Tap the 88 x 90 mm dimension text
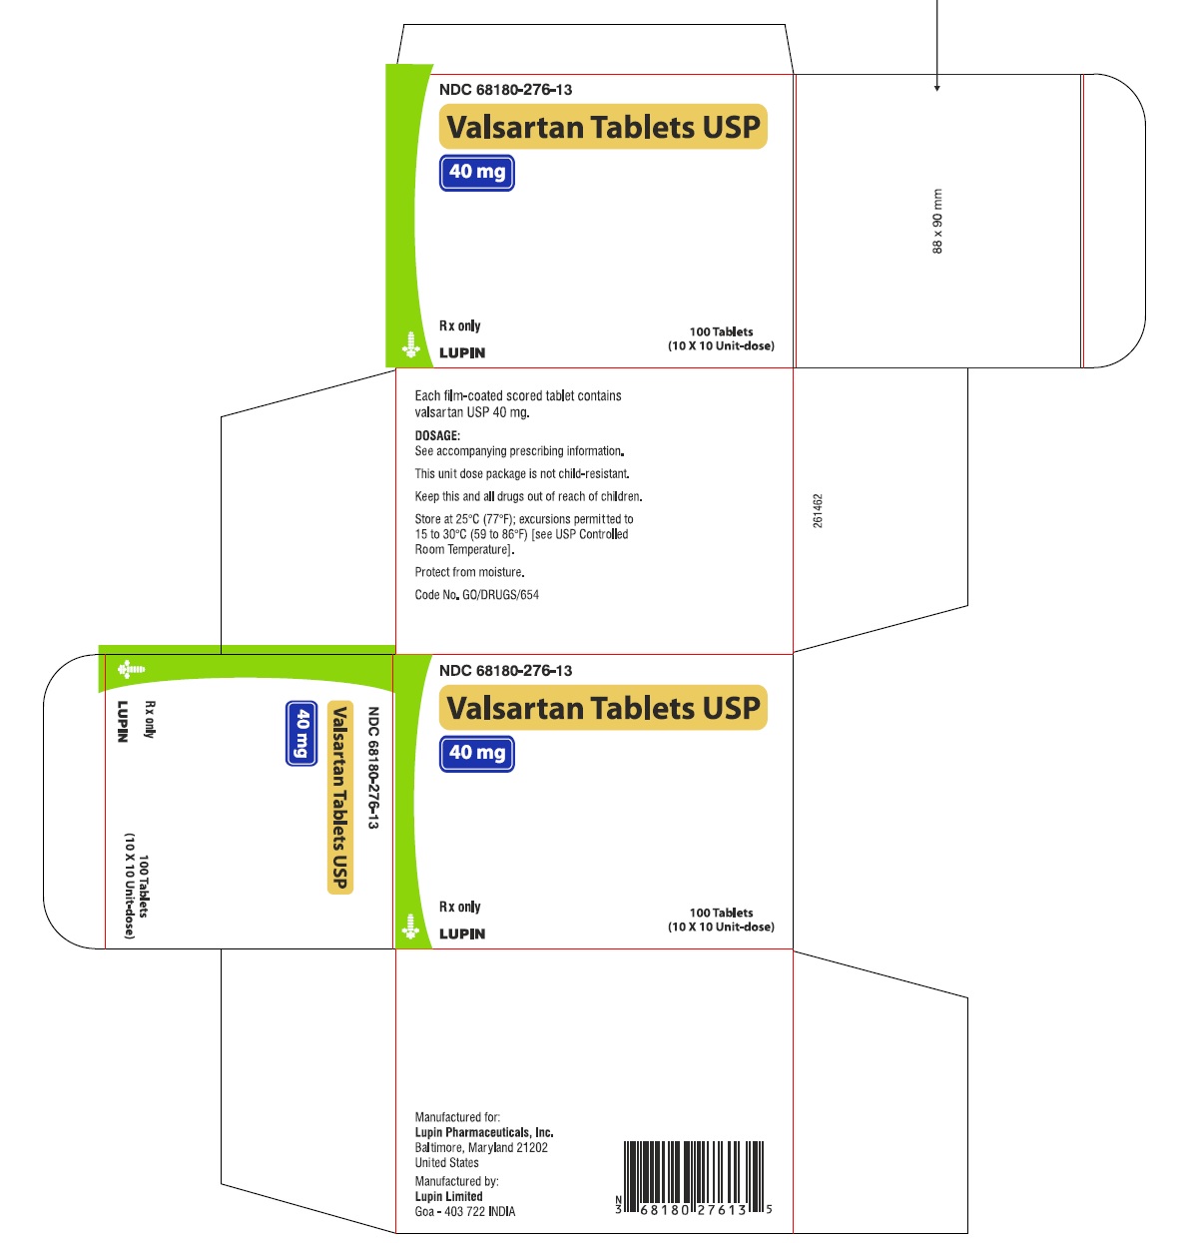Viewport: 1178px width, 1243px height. click(x=937, y=222)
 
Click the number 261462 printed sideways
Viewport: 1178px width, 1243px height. click(x=818, y=511)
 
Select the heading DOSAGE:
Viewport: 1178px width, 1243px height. click(x=437, y=435)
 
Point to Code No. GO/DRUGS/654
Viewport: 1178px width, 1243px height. click(x=477, y=594)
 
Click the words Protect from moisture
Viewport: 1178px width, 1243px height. click(x=470, y=572)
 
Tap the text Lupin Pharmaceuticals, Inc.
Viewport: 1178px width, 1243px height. click(x=484, y=1132)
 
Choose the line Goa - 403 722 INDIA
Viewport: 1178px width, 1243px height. click(x=465, y=1211)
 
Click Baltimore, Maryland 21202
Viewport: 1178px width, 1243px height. click(x=481, y=1147)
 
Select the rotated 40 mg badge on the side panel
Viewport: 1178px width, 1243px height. click(x=301, y=734)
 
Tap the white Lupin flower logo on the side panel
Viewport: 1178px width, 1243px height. click(x=132, y=669)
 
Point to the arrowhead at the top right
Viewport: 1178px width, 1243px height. click(x=937, y=88)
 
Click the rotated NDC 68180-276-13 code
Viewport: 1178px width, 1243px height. click(x=373, y=768)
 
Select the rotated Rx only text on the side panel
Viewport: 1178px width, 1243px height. click(x=150, y=719)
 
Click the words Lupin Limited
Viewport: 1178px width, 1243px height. click(x=448, y=1196)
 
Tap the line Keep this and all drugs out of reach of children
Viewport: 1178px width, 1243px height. click(x=529, y=496)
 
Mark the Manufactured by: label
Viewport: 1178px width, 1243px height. click(x=456, y=1181)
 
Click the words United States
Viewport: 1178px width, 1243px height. click(x=446, y=1163)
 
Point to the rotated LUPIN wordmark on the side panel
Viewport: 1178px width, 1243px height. click(x=123, y=721)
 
